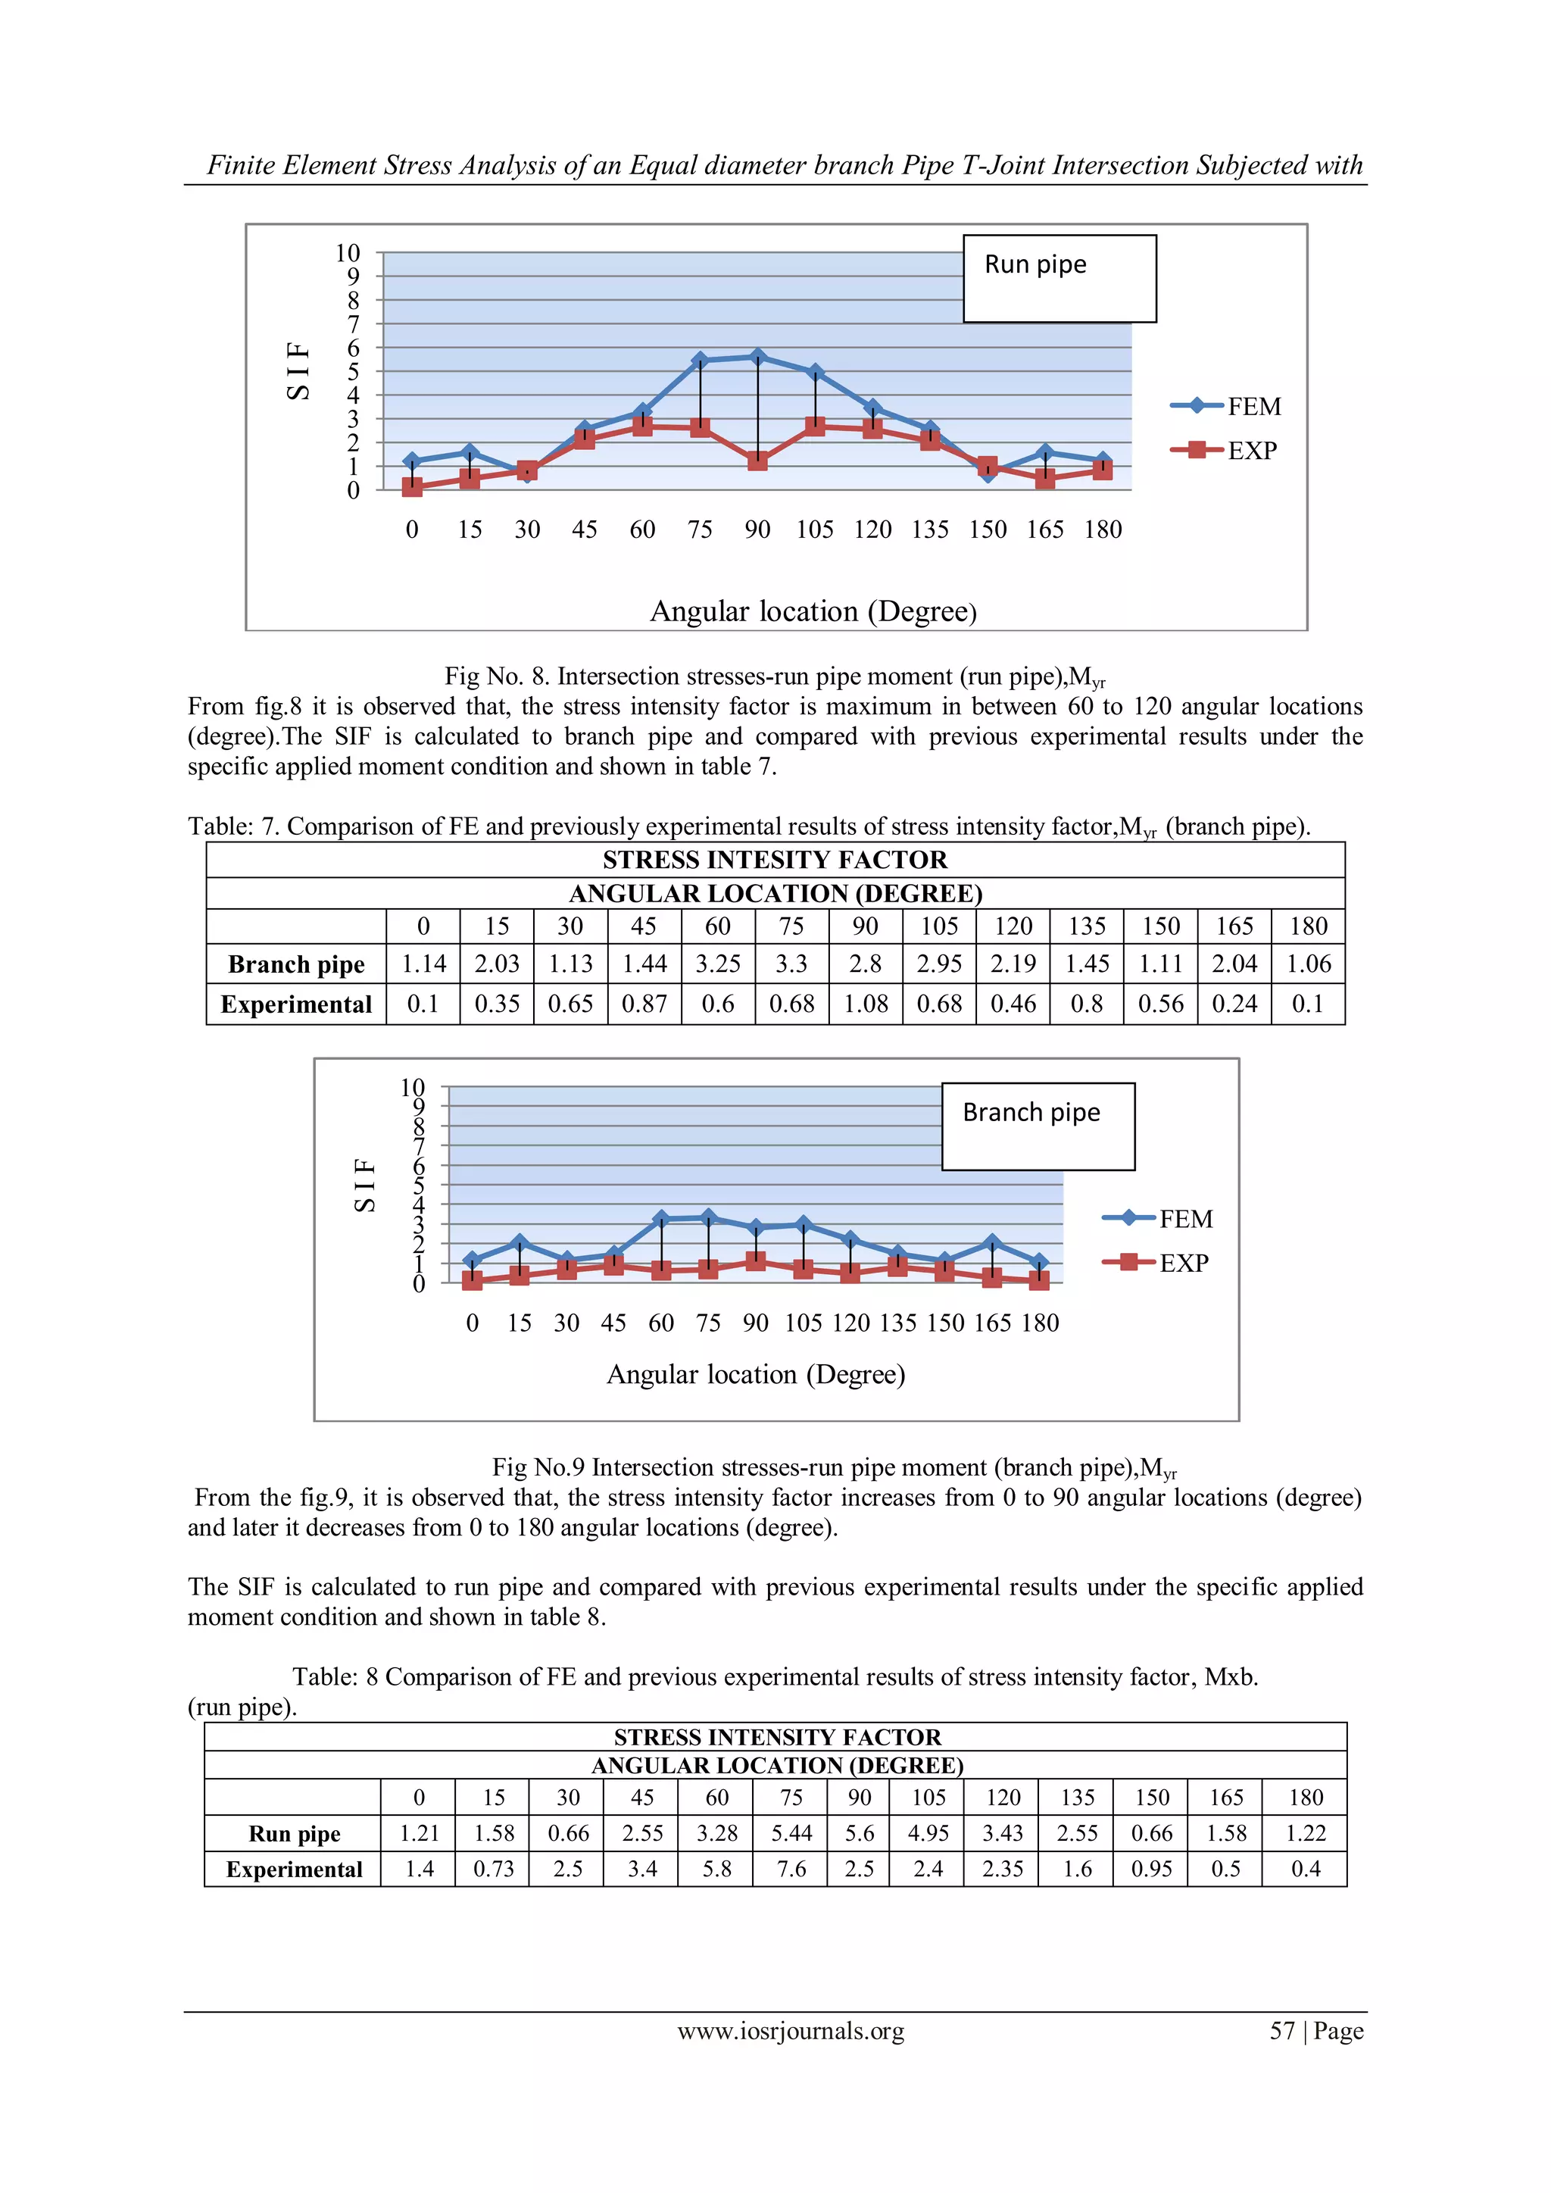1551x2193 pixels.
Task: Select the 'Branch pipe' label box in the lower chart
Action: tap(1038, 1126)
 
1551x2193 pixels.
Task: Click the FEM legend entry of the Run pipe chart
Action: tap(1226, 406)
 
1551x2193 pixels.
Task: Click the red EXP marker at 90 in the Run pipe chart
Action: tap(757, 461)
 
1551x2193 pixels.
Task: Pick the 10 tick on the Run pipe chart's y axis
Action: tap(348, 253)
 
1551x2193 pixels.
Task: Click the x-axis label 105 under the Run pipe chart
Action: tap(815, 530)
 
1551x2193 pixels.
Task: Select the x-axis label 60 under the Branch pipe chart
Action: tap(661, 1323)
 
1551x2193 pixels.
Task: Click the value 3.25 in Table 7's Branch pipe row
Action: tap(717, 964)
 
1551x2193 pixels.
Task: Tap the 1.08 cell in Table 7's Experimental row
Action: tap(866, 1004)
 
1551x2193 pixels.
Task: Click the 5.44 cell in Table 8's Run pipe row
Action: tap(791, 1833)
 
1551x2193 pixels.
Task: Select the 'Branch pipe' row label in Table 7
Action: tap(296, 964)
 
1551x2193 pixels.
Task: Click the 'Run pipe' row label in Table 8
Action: tap(294, 1833)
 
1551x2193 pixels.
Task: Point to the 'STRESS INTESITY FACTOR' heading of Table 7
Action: tap(775, 860)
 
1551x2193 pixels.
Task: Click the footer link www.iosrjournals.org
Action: tap(791, 2031)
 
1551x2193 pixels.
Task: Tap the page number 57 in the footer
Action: tap(1281, 2031)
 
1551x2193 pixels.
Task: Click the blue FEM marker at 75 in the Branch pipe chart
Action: tap(707, 1218)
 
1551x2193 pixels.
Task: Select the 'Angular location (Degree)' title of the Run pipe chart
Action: tap(813, 611)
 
